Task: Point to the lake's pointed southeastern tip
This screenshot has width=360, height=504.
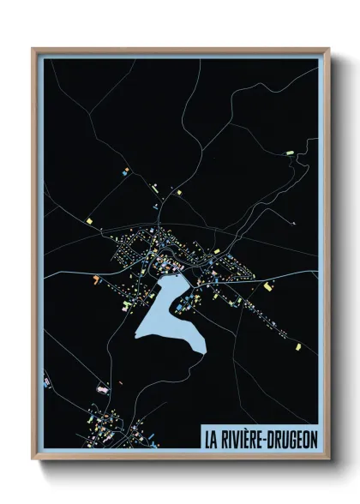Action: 206,347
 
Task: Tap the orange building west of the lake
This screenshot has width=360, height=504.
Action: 97,279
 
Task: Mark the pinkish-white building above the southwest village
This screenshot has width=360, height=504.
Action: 104,388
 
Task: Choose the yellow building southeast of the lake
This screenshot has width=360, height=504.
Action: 297,346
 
